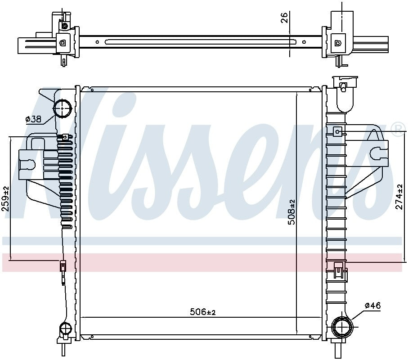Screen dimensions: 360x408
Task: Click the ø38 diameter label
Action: (x=33, y=119)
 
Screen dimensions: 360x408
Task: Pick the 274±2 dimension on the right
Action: (x=398, y=196)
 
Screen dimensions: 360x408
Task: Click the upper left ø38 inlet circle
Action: (x=63, y=108)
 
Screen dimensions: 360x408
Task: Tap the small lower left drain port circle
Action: (x=65, y=328)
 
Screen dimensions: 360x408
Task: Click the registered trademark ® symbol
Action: (x=398, y=130)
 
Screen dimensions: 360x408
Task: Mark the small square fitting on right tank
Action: (x=337, y=131)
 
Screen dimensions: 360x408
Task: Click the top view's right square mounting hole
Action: (x=337, y=43)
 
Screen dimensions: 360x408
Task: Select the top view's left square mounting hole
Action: (x=63, y=43)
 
